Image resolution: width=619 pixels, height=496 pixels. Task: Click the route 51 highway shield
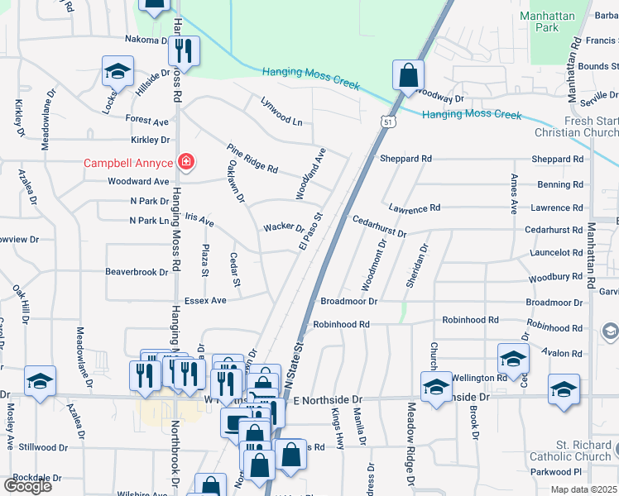tap(388, 122)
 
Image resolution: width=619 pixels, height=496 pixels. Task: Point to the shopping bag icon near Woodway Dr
tap(408, 76)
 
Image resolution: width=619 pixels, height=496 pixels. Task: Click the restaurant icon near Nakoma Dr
tap(184, 51)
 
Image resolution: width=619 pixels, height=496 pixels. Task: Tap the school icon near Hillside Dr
tap(118, 71)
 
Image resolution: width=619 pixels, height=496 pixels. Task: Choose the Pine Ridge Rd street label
tap(252, 158)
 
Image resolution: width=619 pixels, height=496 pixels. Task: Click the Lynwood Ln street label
tap(281, 112)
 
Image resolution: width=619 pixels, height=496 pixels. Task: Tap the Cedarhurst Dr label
tap(379, 227)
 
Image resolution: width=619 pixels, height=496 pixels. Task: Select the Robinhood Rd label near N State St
tap(340, 325)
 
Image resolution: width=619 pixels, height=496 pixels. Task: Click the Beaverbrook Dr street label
tap(137, 271)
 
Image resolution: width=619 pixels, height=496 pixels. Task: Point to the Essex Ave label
tap(205, 301)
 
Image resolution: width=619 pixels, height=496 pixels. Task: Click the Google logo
tap(27, 485)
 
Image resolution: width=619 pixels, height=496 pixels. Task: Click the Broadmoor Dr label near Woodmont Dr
tap(348, 303)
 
